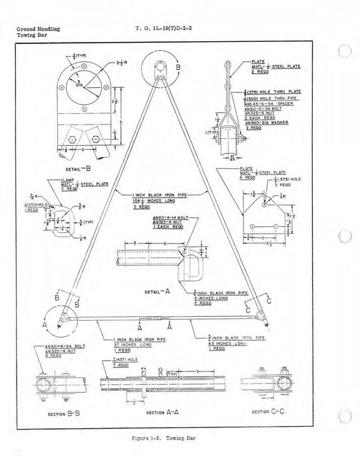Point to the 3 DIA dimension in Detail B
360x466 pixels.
82,86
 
